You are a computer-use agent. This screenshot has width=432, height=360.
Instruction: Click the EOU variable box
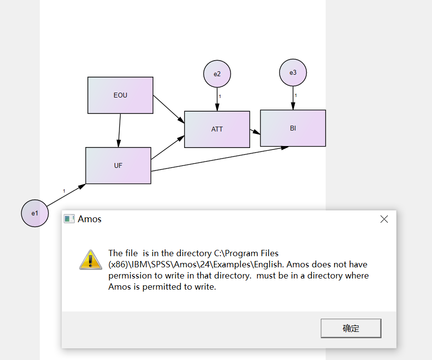[120, 95]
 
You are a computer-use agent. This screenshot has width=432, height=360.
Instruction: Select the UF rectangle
[118, 165]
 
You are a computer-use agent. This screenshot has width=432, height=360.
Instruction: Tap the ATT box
[217, 130]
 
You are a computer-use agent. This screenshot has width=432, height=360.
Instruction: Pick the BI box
[293, 128]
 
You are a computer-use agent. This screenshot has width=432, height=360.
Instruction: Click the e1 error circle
[35, 213]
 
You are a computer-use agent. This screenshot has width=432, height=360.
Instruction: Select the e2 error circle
[217, 74]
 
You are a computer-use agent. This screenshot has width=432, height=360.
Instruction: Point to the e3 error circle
[293, 72]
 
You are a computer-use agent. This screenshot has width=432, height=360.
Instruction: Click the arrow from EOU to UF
[119, 131]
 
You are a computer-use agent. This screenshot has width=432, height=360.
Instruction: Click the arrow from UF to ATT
[167, 147]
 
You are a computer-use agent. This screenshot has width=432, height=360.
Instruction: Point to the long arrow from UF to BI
[220, 159]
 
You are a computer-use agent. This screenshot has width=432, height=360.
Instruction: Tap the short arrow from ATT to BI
[255, 131]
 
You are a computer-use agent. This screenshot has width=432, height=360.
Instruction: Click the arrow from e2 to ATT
[217, 99]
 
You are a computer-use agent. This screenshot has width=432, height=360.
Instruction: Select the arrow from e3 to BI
[293, 98]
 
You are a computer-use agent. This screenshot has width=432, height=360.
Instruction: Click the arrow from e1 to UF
[66, 195]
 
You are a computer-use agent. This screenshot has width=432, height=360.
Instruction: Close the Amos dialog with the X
[384, 219]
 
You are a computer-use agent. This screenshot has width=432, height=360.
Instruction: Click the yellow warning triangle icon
[91, 260]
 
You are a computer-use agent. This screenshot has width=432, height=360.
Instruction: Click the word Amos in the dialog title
[89, 219]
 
